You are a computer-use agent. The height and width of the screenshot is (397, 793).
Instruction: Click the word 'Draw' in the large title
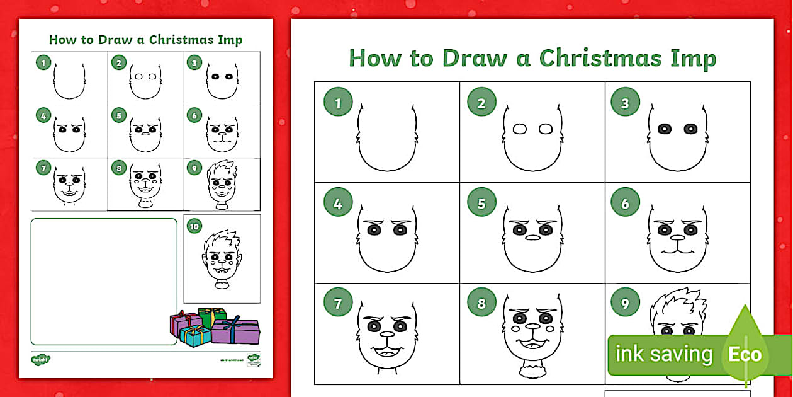475,58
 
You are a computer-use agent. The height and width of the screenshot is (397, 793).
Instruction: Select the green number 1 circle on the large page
338,103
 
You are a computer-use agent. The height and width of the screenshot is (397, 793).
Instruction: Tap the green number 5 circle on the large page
481,203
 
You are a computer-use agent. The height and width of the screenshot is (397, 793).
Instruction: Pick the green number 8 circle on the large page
481,304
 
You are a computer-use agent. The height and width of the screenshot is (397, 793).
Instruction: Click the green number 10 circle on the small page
194,226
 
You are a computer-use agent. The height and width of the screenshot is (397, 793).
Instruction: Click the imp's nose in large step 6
677,238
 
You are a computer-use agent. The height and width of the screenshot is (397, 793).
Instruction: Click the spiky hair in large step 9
678,306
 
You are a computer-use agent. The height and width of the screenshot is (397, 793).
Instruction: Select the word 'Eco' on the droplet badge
745,354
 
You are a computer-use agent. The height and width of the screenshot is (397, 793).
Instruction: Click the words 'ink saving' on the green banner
663,354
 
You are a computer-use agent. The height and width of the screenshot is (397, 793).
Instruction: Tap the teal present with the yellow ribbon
195,336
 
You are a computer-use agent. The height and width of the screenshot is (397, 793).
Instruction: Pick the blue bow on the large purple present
234,326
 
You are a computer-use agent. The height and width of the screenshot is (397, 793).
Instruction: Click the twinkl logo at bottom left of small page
40,360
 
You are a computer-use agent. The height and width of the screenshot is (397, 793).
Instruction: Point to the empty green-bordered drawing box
104,281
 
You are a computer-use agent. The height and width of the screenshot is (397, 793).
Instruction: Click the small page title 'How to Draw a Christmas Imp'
145,40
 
